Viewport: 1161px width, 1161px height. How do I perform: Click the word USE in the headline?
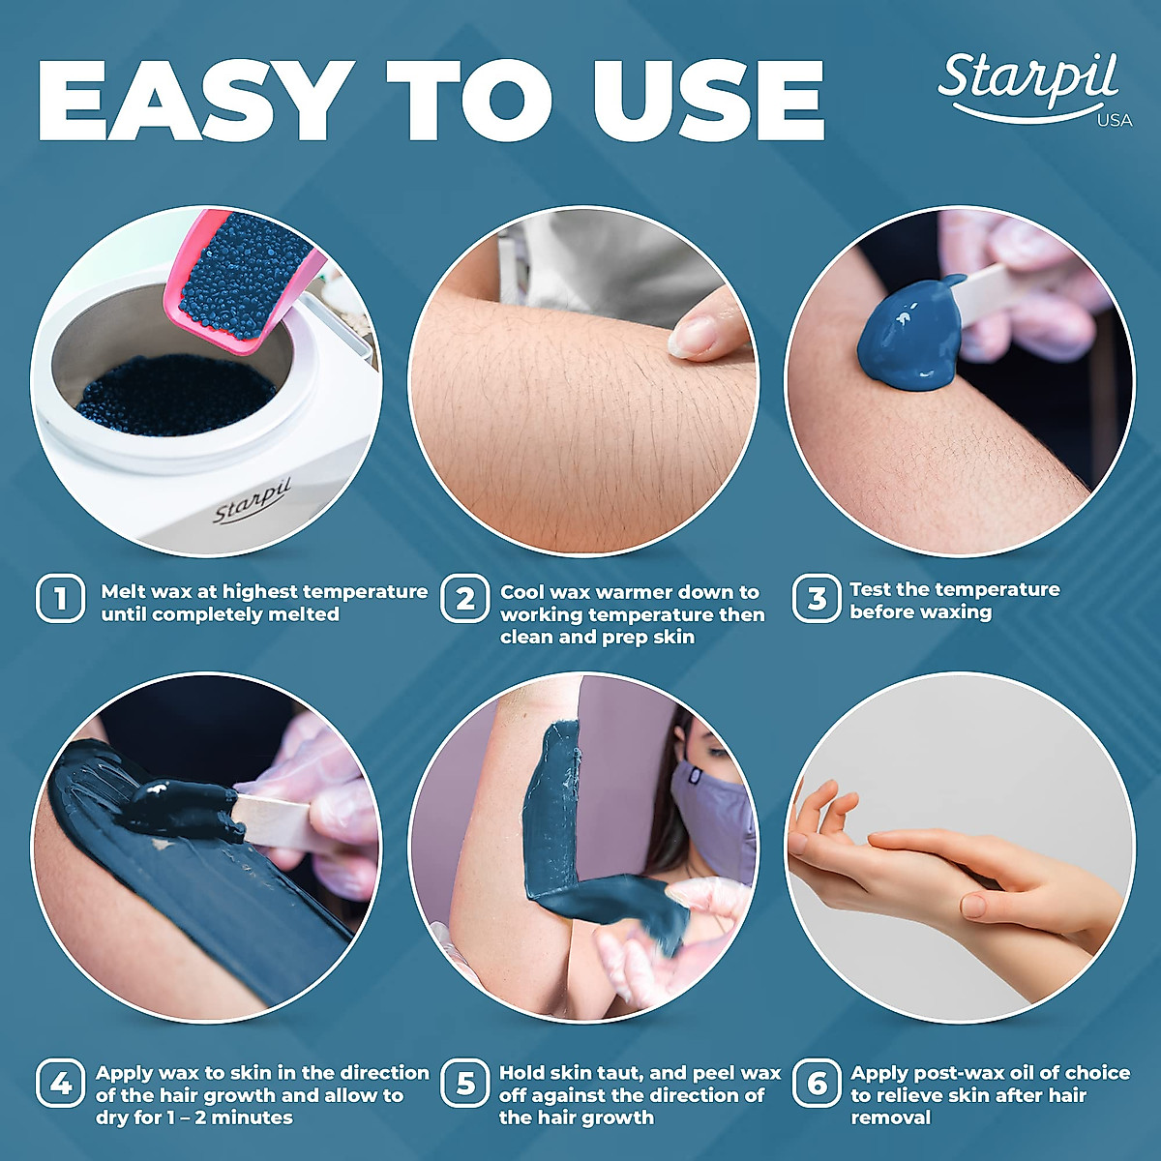point(709,101)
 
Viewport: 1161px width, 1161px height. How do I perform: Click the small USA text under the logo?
point(1115,121)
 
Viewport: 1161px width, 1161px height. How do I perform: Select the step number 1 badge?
point(60,599)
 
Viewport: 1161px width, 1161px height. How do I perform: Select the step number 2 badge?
point(464,599)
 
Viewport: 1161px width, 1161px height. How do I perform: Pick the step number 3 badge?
point(816,599)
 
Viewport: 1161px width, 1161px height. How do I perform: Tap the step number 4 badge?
point(60,1083)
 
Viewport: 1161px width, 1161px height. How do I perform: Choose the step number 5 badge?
point(464,1084)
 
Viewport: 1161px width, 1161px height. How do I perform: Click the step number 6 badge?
point(816,1084)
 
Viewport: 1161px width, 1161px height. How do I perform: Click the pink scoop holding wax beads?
point(242,281)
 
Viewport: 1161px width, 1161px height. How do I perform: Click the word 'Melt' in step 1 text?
point(123,591)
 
